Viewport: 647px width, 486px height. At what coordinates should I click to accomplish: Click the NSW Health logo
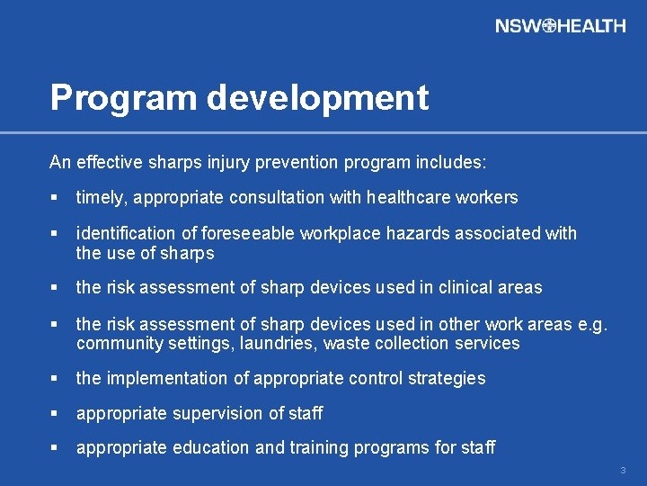tap(560, 26)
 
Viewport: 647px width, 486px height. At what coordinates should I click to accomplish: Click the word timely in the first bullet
tap(99, 197)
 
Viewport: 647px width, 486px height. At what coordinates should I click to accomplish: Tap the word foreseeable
tap(248, 234)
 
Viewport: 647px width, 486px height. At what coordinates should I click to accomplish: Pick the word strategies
tap(447, 379)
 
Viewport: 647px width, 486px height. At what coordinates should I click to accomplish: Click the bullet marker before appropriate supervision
tap(55, 414)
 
